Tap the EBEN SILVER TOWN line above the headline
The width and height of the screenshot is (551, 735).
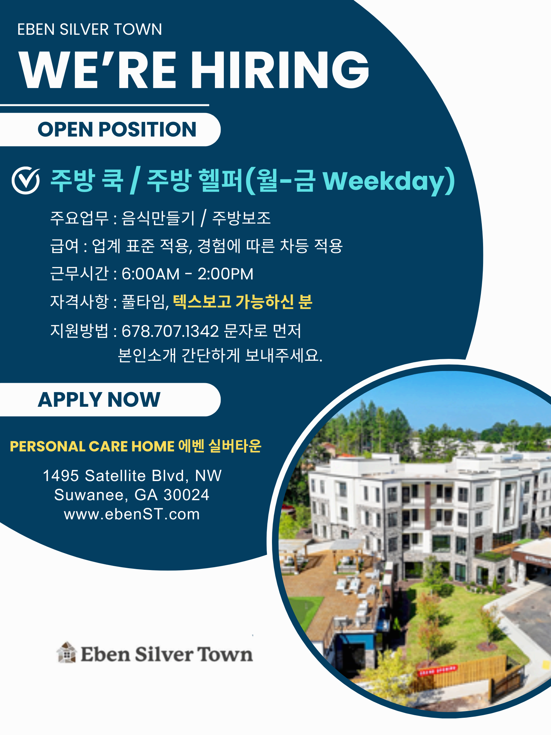(x=90, y=30)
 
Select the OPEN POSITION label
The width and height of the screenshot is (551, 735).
(x=117, y=129)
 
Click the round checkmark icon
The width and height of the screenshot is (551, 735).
(x=26, y=181)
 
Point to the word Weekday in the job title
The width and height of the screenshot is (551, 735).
(x=383, y=181)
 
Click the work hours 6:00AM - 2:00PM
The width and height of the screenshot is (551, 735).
(x=187, y=274)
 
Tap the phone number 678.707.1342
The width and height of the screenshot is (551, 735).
(x=170, y=331)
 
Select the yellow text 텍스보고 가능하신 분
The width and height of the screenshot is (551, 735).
(x=243, y=302)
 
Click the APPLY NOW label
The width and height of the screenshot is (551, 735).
(x=99, y=399)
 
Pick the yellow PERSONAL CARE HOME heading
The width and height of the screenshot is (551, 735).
(x=92, y=446)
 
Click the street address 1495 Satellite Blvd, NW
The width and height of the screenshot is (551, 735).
(x=132, y=476)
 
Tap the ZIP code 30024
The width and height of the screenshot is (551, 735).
(x=186, y=495)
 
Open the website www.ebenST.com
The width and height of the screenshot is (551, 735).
(x=132, y=514)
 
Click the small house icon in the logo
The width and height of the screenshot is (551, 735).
(x=67, y=652)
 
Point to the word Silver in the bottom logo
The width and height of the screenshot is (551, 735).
(x=164, y=654)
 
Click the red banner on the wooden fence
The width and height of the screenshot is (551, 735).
(x=437, y=671)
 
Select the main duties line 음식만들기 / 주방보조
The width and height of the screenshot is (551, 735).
(x=196, y=218)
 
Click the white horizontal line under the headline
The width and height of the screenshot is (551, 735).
(x=104, y=105)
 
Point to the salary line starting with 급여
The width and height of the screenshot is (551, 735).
(x=196, y=246)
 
